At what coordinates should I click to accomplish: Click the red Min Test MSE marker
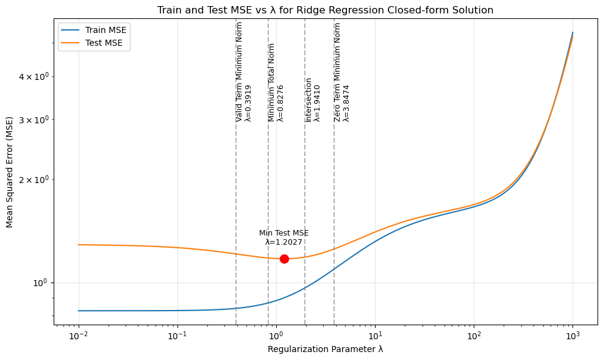coord(284,259)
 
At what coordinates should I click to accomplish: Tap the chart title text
coord(325,10)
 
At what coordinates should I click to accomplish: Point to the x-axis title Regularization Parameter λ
coord(325,349)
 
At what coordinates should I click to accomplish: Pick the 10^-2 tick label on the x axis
coord(78,335)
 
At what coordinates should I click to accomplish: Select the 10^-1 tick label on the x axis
coord(177,335)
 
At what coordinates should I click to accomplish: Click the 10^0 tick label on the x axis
coord(276,335)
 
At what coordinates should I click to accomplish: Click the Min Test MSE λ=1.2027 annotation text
coord(284,237)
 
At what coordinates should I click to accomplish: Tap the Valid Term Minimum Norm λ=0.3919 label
coord(243,72)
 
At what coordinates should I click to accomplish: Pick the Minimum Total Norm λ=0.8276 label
coord(276,82)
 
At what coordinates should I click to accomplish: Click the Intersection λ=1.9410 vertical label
coord(313,99)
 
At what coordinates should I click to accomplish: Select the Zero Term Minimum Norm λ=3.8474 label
coord(341,72)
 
